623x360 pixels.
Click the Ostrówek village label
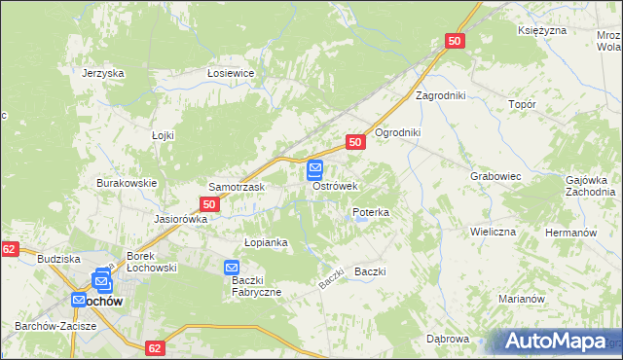pyautogui.click(x=336, y=186)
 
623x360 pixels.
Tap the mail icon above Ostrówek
pyautogui.click(x=316, y=170)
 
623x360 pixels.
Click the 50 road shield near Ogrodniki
pyautogui.click(x=355, y=142)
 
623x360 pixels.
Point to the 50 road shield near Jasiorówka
pyautogui.click(x=209, y=204)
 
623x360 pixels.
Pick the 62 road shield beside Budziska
pyautogui.click(x=9, y=250)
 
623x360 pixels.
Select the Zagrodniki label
pyautogui.click(x=442, y=95)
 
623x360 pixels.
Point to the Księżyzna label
pyautogui.click(x=542, y=31)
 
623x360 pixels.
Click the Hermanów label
pyautogui.click(x=570, y=234)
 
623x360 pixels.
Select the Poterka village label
pyautogui.click(x=371, y=211)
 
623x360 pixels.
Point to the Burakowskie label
pyautogui.click(x=127, y=183)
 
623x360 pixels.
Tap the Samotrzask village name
pyautogui.click(x=232, y=186)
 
